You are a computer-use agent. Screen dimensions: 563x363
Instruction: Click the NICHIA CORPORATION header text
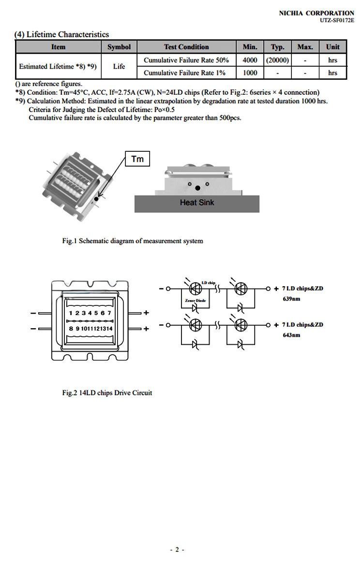tap(317, 13)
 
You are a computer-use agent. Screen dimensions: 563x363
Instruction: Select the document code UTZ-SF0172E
tap(337, 20)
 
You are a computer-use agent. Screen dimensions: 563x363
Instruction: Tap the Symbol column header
tap(119, 47)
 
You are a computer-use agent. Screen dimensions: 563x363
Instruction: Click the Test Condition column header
tap(186, 47)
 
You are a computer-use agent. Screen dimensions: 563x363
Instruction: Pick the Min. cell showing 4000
tap(250, 60)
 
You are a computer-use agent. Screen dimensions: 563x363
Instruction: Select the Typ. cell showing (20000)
tap(277, 60)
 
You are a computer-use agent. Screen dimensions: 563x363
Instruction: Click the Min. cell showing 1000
tap(250, 73)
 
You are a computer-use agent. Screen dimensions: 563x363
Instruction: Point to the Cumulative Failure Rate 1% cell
tap(186, 73)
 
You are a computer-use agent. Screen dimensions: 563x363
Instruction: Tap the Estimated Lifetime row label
tap(58, 67)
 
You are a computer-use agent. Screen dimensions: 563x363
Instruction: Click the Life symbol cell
tap(119, 67)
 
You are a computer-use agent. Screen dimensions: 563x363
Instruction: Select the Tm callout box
tap(137, 159)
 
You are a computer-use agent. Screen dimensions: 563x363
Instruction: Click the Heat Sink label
tap(197, 203)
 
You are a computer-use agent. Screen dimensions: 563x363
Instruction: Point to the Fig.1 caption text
tap(133, 241)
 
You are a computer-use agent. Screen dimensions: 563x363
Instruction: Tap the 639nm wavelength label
tap(291, 299)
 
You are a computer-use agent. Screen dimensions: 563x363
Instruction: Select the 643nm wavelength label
tap(291, 335)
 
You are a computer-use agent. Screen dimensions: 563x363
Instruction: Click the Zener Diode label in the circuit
tap(195, 301)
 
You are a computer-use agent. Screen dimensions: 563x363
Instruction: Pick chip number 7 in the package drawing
tap(109, 313)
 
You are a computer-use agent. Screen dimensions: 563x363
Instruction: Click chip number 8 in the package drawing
tap(71, 329)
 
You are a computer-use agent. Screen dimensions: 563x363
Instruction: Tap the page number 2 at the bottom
tap(177, 549)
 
